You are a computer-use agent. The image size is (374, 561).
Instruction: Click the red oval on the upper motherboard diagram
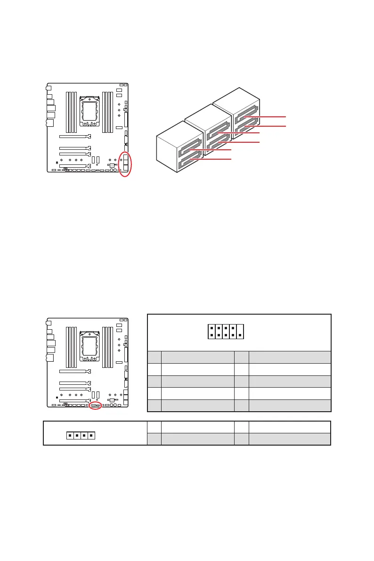(125, 164)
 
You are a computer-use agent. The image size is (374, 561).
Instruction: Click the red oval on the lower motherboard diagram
(96, 405)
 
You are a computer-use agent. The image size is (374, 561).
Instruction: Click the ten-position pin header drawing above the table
(226, 331)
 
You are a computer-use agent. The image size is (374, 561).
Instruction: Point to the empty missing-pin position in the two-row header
(240, 327)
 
